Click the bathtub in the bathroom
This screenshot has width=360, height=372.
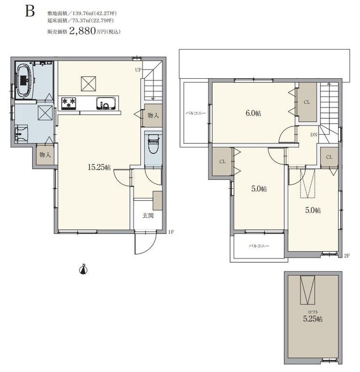click(x=25, y=80)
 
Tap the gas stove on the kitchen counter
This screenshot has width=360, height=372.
click(x=69, y=104)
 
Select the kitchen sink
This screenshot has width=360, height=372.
click(x=106, y=104)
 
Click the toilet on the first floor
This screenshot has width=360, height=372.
click(x=153, y=144)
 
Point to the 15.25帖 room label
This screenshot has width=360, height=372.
click(x=99, y=167)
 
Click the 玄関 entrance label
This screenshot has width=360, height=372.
click(x=148, y=215)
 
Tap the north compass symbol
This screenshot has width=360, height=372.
click(x=84, y=269)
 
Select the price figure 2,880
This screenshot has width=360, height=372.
click(x=82, y=31)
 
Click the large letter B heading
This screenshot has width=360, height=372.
click(x=30, y=11)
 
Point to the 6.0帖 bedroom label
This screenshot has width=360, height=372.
click(x=253, y=113)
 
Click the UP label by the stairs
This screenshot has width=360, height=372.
click(x=138, y=70)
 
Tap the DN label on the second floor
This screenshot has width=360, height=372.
click(x=314, y=135)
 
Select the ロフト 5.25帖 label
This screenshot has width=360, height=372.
click(x=313, y=317)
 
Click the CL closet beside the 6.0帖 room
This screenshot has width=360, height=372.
click(x=307, y=102)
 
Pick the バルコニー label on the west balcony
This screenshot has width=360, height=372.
click(x=196, y=113)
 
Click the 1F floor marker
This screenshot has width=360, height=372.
click(x=171, y=232)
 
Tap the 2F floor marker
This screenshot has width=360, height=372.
click(x=347, y=255)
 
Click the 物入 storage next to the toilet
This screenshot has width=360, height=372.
click(x=153, y=116)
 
